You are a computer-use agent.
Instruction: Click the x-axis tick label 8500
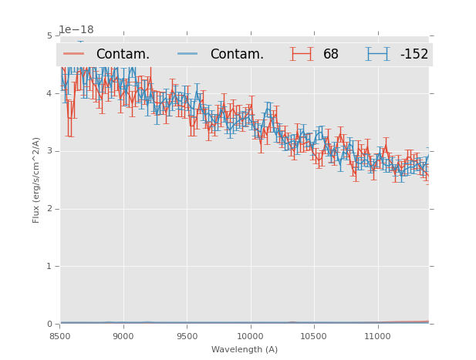[60, 336]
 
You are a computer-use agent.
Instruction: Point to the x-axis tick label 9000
[123, 336]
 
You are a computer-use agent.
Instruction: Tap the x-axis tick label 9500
[187, 336]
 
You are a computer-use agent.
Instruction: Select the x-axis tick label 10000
[250, 336]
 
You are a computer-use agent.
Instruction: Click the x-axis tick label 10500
[313, 336]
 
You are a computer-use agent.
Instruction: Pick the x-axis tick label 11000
[377, 336]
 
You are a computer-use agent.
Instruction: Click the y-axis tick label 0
[49, 324]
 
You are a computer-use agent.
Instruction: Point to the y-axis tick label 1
[49, 266]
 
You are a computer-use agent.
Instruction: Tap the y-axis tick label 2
[49, 208]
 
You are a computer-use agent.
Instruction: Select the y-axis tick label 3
[49, 151]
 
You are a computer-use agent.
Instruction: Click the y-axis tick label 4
[49, 93]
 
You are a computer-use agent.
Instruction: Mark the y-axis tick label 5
[49, 35]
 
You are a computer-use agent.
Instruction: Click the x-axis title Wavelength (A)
[245, 349]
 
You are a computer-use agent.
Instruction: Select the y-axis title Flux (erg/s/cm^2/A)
[36, 180]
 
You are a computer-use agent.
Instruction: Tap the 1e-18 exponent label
[76, 30]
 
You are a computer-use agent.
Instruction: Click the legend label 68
[331, 55]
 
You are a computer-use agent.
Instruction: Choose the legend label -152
[414, 55]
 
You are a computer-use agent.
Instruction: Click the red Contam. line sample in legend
[74, 54]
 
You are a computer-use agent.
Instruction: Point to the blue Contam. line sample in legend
[188, 54]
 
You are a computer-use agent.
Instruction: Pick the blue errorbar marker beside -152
[377, 54]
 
